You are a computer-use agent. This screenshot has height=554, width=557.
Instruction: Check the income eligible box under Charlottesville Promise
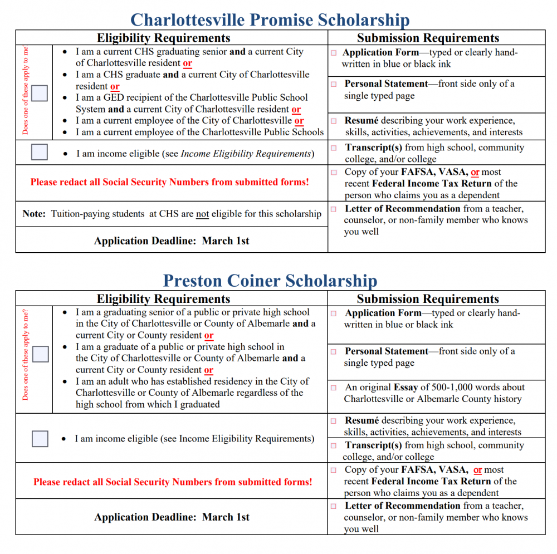tap(40, 153)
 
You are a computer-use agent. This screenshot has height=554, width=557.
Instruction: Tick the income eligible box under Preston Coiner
tap(40, 439)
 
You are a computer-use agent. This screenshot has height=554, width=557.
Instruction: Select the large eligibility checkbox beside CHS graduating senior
tap(40, 93)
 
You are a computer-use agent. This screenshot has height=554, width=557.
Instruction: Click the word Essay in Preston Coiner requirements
tap(405, 388)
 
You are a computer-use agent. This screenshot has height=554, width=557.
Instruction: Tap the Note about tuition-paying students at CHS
tap(172, 214)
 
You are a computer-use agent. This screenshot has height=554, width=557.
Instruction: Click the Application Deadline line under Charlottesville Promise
tap(172, 241)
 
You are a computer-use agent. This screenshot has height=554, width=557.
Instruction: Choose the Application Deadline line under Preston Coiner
tap(172, 517)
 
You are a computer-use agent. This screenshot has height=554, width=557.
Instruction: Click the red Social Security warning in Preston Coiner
tap(173, 482)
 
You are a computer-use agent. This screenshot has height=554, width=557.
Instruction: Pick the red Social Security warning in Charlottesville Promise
tap(169, 182)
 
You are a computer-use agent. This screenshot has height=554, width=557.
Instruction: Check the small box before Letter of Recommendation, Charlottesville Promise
tap(334, 209)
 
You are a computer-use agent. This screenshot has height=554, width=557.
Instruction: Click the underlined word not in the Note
tap(202, 214)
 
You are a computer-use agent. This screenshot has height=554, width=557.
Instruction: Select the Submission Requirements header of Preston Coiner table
tap(428, 299)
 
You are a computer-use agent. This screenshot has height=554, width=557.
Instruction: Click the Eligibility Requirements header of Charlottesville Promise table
tap(164, 38)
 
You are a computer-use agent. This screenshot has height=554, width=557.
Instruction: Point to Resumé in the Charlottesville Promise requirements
tap(361, 121)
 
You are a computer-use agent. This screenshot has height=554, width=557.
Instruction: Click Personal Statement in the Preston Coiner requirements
tap(386, 351)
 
